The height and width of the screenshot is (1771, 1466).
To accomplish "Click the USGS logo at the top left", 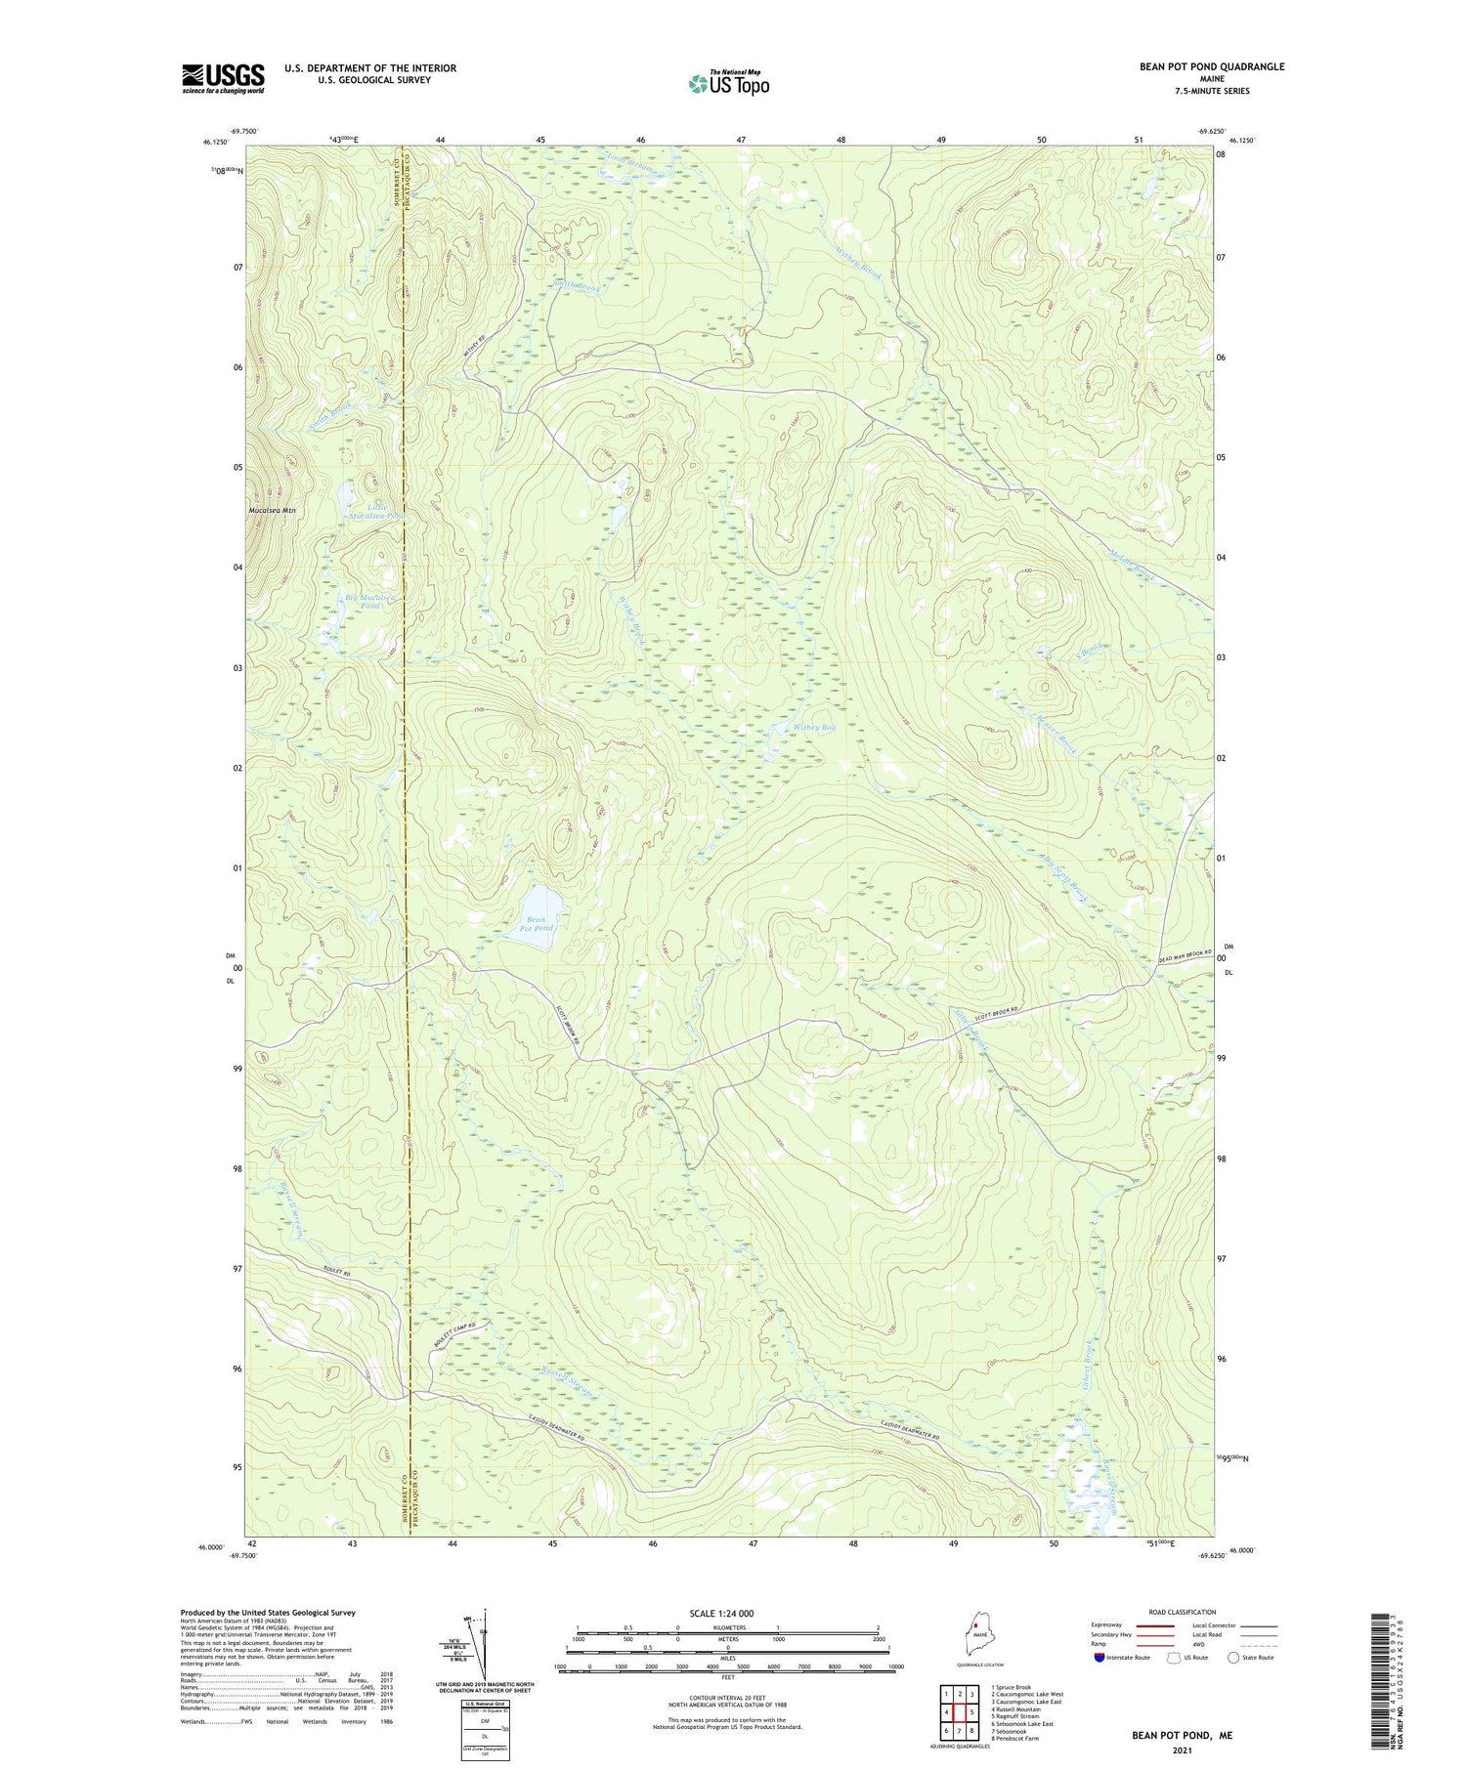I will point(223,78).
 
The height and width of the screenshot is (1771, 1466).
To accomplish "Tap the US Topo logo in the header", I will point(728,84).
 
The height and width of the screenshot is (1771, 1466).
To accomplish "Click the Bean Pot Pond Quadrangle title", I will point(1211,66).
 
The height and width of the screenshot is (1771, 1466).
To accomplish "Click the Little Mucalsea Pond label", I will point(372,510).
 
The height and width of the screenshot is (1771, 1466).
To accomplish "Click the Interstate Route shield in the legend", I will point(1099,1658).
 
